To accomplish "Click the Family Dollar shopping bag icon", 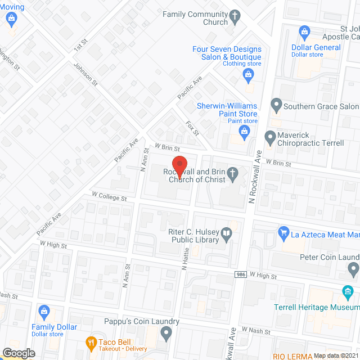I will pyautogui.click(x=44, y=310).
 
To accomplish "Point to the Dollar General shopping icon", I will pyautogui.click(x=304, y=31).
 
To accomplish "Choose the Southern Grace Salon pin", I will pyautogui.click(x=276, y=105).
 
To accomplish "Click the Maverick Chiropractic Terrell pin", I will pyautogui.click(x=270, y=136).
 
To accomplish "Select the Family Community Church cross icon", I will pyautogui.click(x=235, y=17).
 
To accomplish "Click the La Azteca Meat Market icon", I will pyautogui.click(x=284, y=232).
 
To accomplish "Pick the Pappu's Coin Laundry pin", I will pyautogui.click(x=166, y=334).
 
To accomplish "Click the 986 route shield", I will pyautogui.click(x=240, y=274).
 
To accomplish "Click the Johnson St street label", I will pyautogui.click(x=85, y=74).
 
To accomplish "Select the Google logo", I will pyautogui.click(x=19, y=353).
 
